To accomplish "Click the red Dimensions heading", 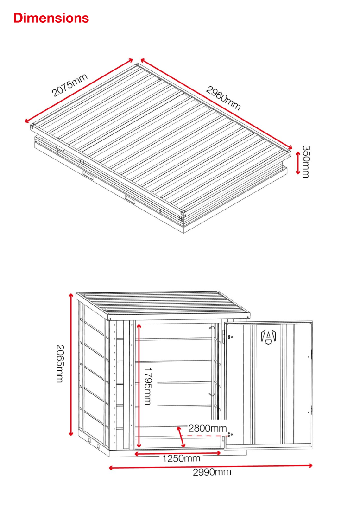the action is (51, 18).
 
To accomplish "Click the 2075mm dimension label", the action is (70, 85).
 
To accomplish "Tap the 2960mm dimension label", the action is (223, 98).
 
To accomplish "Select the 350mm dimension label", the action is (306, 161).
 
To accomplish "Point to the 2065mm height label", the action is (60, 363).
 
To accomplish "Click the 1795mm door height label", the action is (148, 386).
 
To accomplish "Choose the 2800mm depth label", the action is (208, 428).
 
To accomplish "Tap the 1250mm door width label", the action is (181, 458).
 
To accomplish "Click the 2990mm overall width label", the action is (212, 472).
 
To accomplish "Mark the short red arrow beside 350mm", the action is (298, 163).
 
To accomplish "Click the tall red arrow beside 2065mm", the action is (71, 364).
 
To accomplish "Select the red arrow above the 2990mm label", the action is (210, 467).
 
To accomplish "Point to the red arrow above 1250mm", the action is (177, 453).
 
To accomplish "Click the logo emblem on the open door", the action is (268, 337).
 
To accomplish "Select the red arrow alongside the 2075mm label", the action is (79, 91).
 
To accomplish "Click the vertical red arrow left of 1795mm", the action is (139, 386).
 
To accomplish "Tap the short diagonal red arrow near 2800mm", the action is (181, 437).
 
